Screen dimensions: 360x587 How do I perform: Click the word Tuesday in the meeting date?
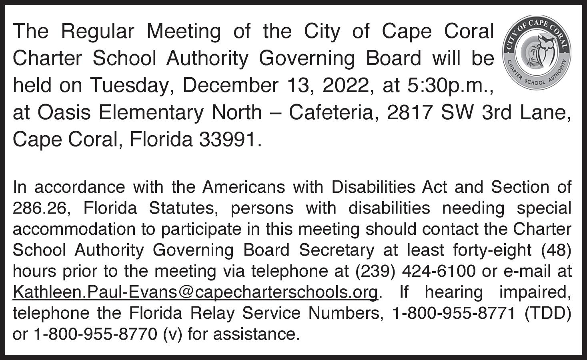click(x=130, y=85)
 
